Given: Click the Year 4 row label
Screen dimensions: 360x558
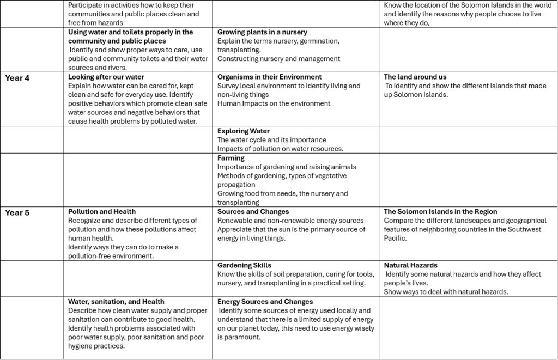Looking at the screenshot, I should pyautogui.click(x=17, y=78).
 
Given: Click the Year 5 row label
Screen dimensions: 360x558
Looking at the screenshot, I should pyautogui.click(x=17, y=213).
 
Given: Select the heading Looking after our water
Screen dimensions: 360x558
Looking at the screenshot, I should pyautogui.click(x=106, y=77).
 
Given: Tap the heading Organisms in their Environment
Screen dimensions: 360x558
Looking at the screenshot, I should pyautogui.click(x=269, y=77).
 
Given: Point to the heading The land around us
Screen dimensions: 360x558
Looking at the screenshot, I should pyautogui.click(x=415, y=77).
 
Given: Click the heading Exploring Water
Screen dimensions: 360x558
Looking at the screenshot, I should pyautogui.click(x=243, y=131).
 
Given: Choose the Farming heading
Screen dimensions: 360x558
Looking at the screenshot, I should pyautogui.click(x=231, y=158).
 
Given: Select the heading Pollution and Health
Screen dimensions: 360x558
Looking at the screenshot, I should pyautogui.click(x=102, y=212).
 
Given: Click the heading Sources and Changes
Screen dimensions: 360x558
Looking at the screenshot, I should pyautogui.click(x=253, y=212).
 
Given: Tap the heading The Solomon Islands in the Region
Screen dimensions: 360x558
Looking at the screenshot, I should pyautogui.click(x=440, y=212).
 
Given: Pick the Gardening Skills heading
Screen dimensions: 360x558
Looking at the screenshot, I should pyautogui.click(x=244, y=266).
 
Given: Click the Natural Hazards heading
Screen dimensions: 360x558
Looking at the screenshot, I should pyautogui.click(x=411, y=266).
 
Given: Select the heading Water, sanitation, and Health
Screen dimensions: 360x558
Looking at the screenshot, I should pyautogui.click(x=116, y=302).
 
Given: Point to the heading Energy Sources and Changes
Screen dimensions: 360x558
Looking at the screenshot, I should pyautogui.click(x=265, y=302).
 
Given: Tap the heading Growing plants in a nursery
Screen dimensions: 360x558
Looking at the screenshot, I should pyautogui.click(x=262, y=33).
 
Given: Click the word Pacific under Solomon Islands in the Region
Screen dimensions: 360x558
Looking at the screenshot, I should pyautogui.click(x=395, y=239).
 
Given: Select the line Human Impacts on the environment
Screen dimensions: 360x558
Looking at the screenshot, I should pyautogui.click(x=274, y=103).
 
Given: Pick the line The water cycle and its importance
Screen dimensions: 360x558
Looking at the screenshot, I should pyautogui.click(x=271, y=140).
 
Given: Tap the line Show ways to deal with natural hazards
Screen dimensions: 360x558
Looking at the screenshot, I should pyautogui.click(x=446, y=292).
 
